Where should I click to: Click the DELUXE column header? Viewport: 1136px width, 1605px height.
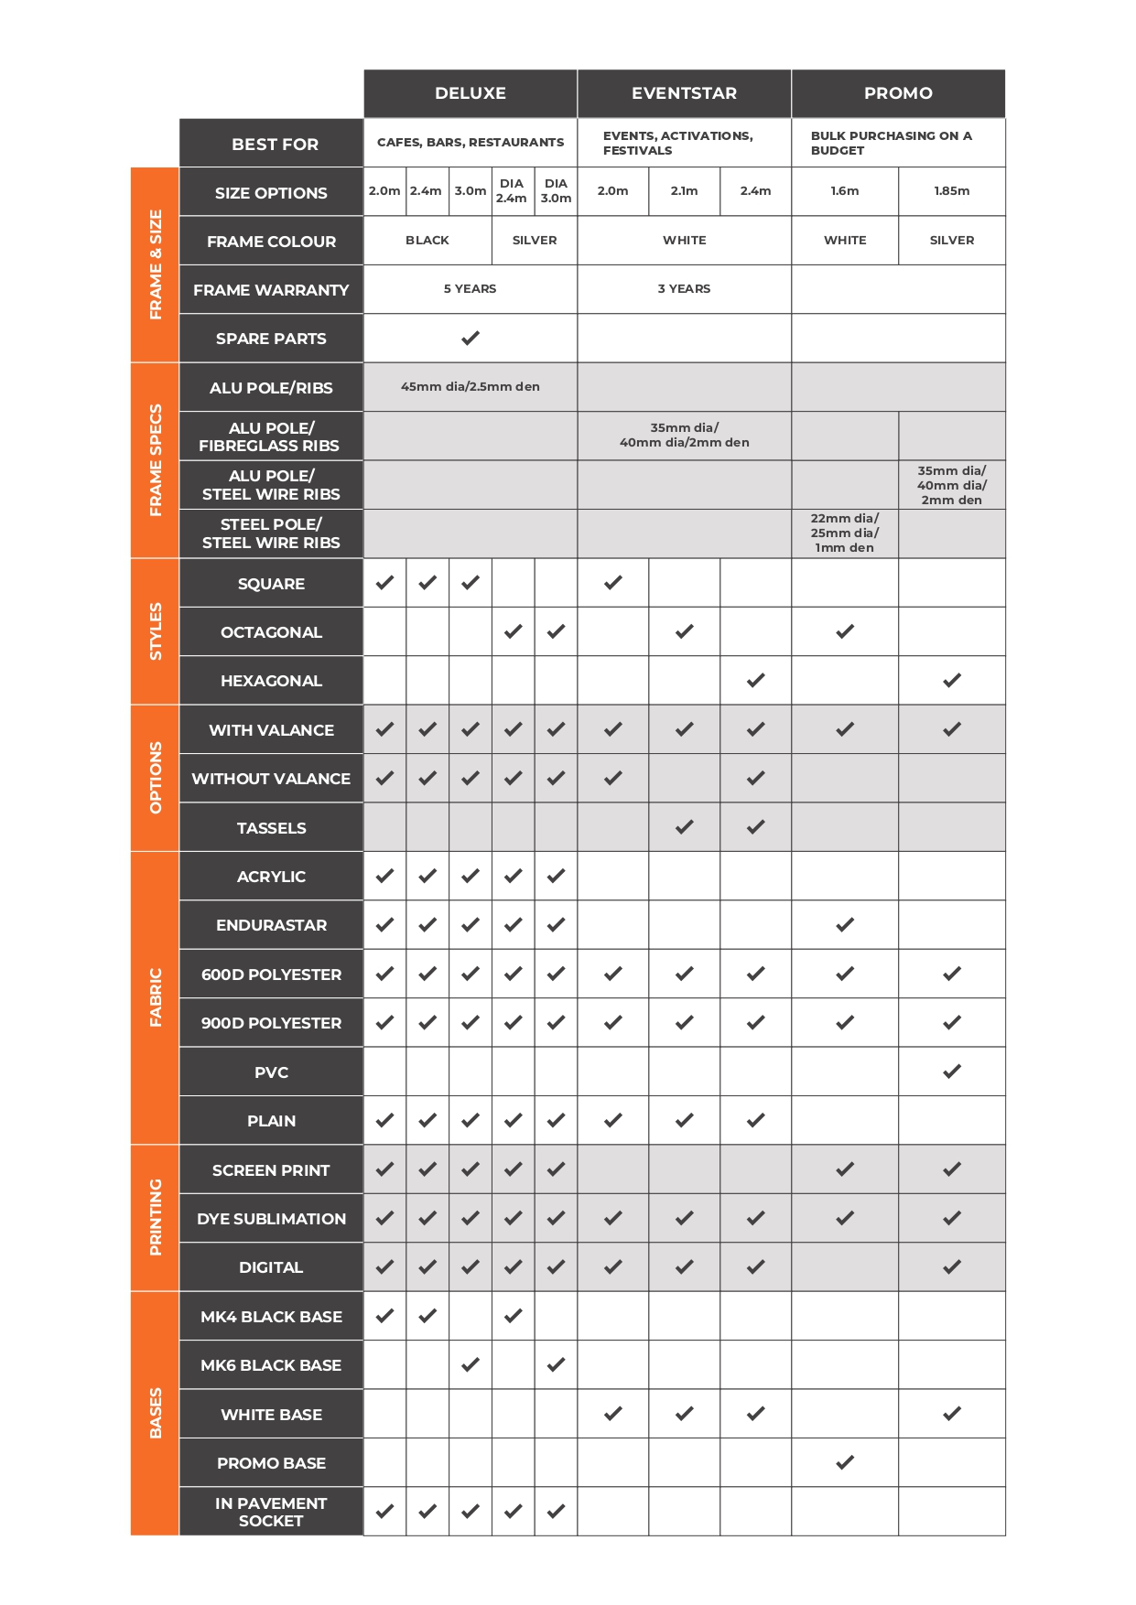coord(471,93)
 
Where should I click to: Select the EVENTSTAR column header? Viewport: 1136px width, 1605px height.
coord(684,93)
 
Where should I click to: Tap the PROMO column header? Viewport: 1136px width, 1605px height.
coord(898,93)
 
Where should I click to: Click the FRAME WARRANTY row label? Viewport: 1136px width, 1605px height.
coord(271,290)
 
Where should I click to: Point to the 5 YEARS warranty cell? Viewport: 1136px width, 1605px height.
coord(471,289)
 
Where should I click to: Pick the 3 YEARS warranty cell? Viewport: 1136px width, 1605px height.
coord(684,289)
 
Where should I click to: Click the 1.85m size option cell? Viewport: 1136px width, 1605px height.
coord(952,191)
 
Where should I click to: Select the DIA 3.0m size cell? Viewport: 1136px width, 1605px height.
coord(556,191)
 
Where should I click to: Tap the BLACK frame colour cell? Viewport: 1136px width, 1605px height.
coord(427,241)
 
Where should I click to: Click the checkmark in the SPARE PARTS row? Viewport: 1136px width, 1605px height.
coord(471,339)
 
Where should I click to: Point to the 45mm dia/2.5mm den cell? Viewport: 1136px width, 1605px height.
coord(471,387)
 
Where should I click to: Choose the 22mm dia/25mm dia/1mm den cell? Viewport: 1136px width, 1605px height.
coord(845,533)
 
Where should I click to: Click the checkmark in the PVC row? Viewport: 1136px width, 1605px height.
coord(952,1072)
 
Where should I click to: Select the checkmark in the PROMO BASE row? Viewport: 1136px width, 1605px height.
coord(845,1462)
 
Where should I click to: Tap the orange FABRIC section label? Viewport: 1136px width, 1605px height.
coord(155,997)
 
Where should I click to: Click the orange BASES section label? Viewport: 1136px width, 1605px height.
coord(155,1413)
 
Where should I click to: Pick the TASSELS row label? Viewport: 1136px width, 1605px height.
coord(271,828)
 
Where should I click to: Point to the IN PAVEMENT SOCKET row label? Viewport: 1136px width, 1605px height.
coord(271,1512)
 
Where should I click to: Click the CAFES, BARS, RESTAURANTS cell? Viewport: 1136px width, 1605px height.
coord(471,143)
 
